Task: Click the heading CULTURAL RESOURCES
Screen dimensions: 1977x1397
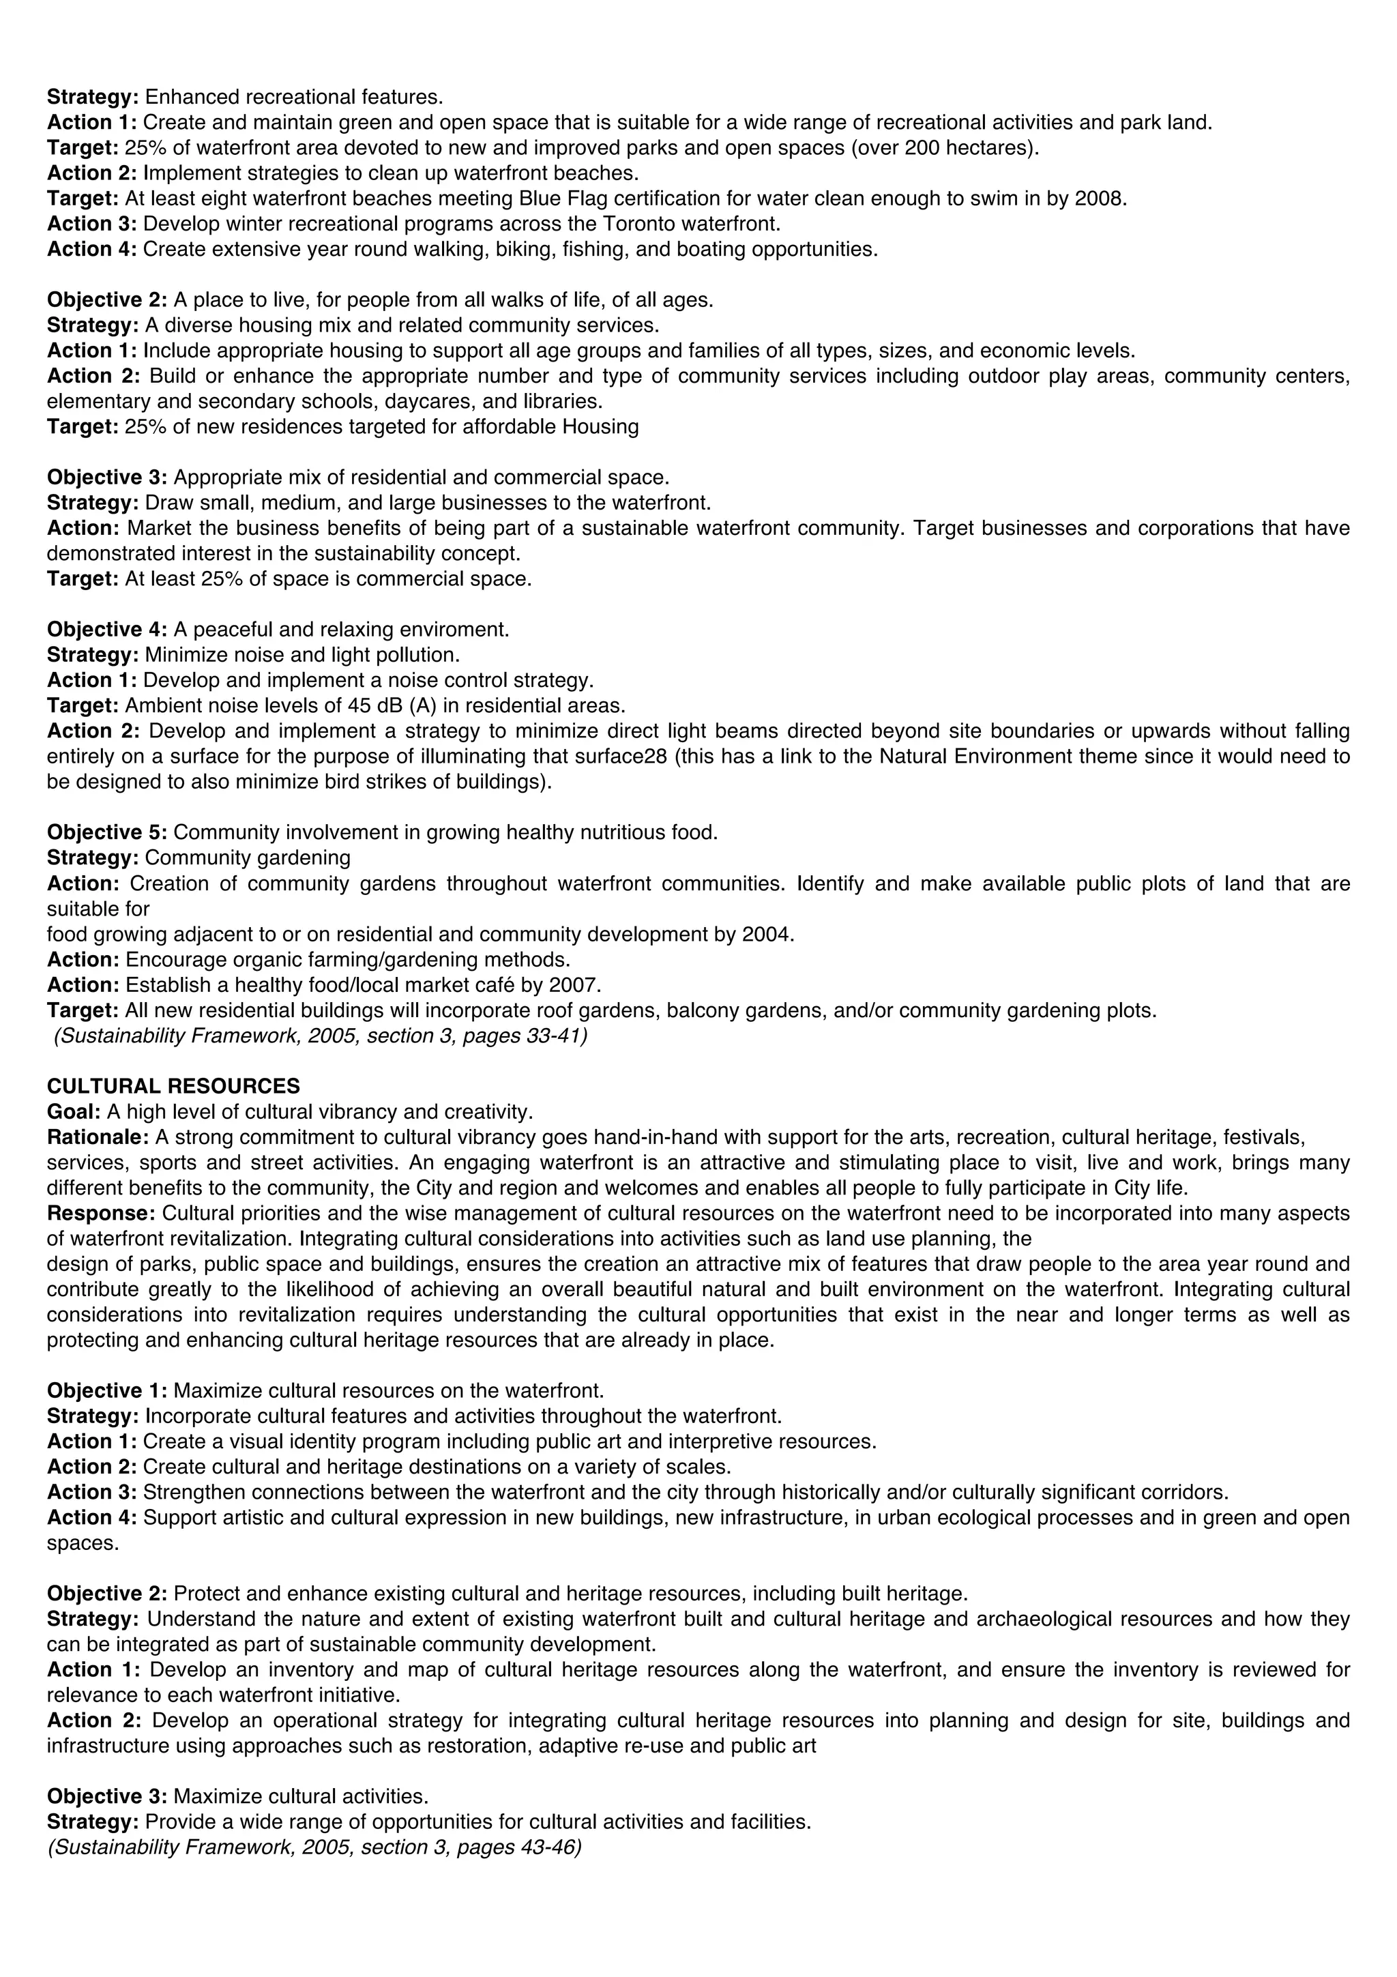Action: pyautogui.click(x=173, y=1086)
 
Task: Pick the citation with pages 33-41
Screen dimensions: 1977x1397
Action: pyautogui.click(x=320, y=1036)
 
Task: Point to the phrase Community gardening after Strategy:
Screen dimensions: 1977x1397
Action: pyautogui.click(x=248, y=858)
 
